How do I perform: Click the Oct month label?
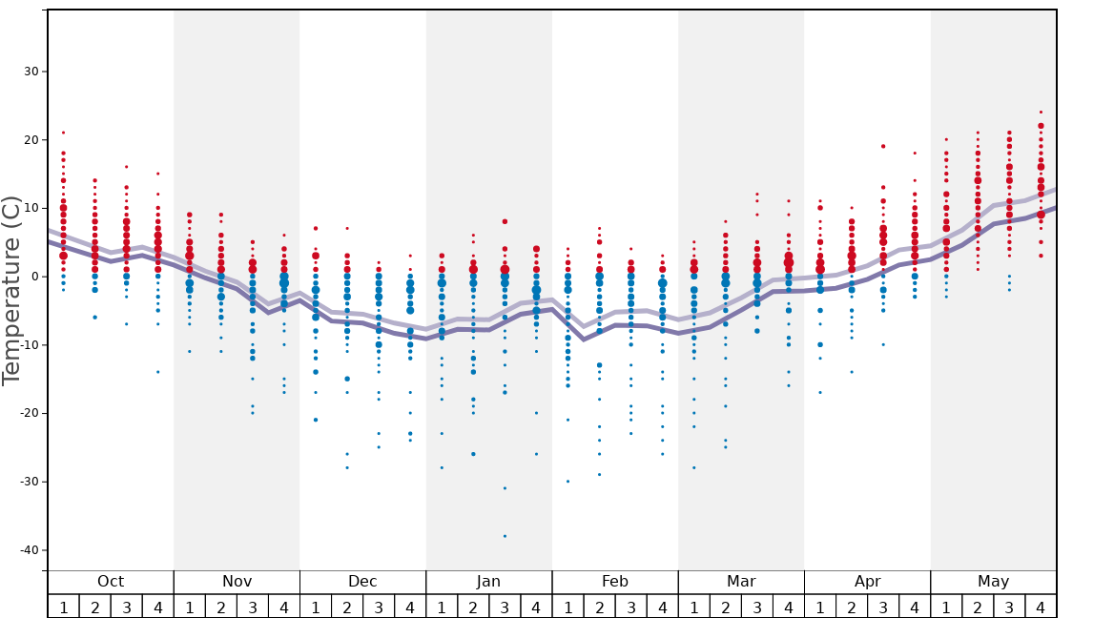111,582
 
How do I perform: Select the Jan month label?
488,582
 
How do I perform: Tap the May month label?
993,582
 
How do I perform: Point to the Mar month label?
741,582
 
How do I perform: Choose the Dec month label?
362,582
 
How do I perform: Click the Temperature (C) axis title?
11,290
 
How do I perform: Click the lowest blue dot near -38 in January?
505,536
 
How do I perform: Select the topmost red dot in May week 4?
1041,112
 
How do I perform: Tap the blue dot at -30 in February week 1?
567,482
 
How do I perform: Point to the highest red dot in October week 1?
63,133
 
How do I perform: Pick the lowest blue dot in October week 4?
157,372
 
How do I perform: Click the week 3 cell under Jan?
505,607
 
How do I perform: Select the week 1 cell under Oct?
63,607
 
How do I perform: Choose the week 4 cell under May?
1041,607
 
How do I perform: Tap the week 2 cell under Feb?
599,607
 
